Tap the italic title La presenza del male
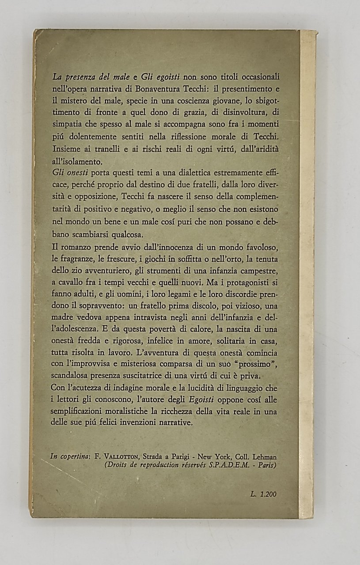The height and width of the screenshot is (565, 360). (x=87, y=75)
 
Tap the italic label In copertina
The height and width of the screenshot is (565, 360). (x=68, y=457)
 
